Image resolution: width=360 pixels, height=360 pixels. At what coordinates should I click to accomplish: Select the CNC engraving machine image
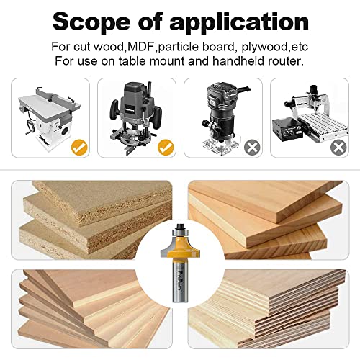click(x=308, y=115)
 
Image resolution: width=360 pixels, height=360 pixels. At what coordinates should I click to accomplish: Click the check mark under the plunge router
click(x=166, y=149)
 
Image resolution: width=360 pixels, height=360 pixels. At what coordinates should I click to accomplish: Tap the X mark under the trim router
click(x=252, y=148)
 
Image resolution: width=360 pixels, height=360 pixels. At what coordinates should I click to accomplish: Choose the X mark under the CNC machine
click(x=338, y=148)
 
